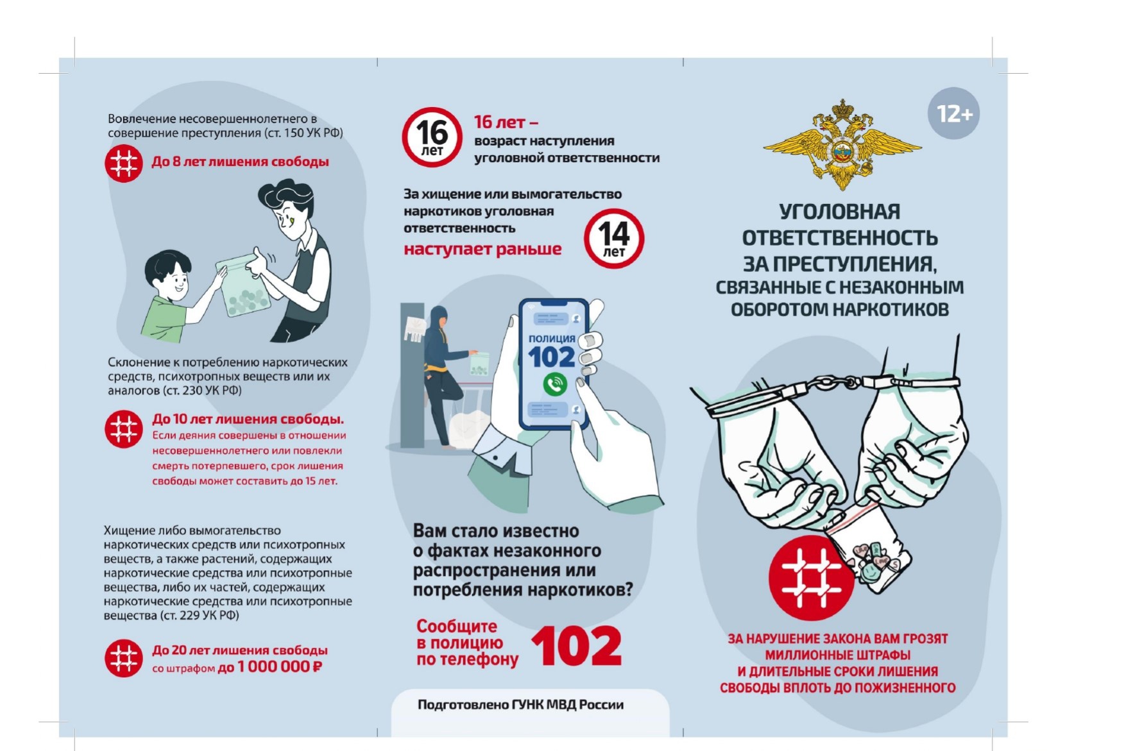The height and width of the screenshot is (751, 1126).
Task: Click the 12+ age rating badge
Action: pyautogui.click(x=953, y=114)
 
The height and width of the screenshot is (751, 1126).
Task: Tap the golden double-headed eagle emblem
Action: pyautogui.click(x=842, y=145)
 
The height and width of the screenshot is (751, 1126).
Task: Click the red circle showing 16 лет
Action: pyautogui.click(x=432, y=137)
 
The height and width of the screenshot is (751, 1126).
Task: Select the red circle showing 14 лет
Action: pyautogui.click(x=614, y=238)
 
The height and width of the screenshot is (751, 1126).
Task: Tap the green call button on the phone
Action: pyautogui.click(x=554, y=384)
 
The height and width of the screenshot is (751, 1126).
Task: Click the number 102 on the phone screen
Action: pyautogui.click(x=552, y=357)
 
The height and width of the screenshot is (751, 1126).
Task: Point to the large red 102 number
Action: pyautogui.click(x=577, y=646)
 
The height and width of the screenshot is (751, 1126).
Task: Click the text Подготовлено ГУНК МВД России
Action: pyautogui.click(x=520, y=705)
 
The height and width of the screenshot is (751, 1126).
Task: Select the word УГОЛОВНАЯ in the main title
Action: pyautogui.click(x=840, y=212)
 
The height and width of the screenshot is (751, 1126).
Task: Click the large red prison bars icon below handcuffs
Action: pyautogui.click(x=811, y=577)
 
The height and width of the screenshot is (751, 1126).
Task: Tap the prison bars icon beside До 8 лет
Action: pyautogui.click(x=123, y=164)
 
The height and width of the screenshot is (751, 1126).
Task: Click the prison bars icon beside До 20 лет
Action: pyautogui.click(x=123, y=658)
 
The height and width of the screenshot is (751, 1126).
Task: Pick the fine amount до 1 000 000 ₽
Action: pyautogui.click(x=270, y=667)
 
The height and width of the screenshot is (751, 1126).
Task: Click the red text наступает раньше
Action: pyautogui.click(x=482, y=249)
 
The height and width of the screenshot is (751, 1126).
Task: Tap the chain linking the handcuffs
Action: pyautogui.click(x=834, y=383)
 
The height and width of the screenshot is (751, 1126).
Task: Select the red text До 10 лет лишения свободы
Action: pyautogui.click(x=248, y=419)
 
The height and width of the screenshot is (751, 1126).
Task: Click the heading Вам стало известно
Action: pyautogui.click(x=496, y=531)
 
